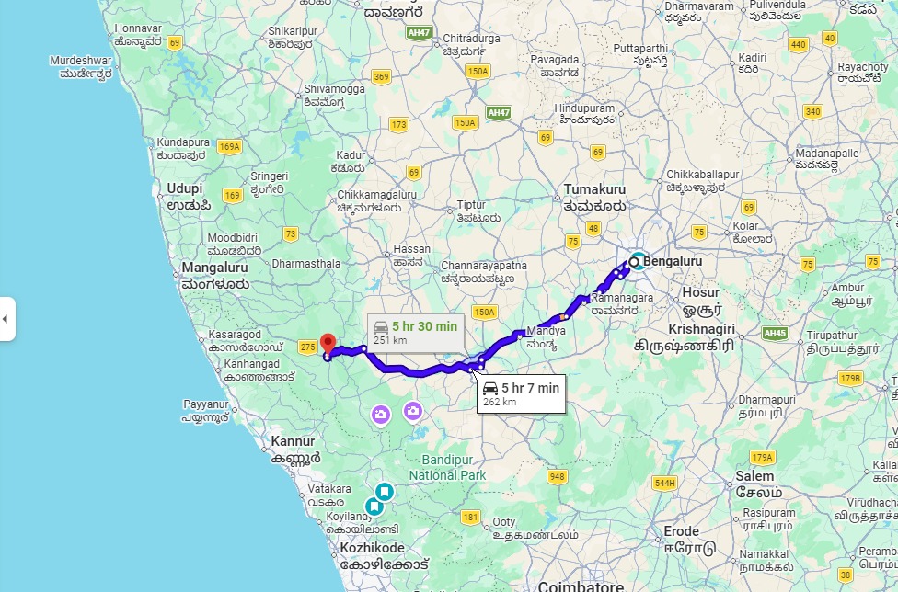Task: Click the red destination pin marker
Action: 326,345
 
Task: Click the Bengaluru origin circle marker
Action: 634,262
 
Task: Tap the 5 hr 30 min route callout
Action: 415,333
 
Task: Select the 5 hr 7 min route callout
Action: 521,393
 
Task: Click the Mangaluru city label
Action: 217,268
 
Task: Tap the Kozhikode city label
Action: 373,548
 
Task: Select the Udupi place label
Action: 184,189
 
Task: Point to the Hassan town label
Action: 411,249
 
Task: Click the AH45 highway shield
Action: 776,333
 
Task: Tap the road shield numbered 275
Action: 307,346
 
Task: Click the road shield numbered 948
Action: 557,476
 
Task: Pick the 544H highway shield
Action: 664,483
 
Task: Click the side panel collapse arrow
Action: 6,319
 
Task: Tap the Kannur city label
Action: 294,442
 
